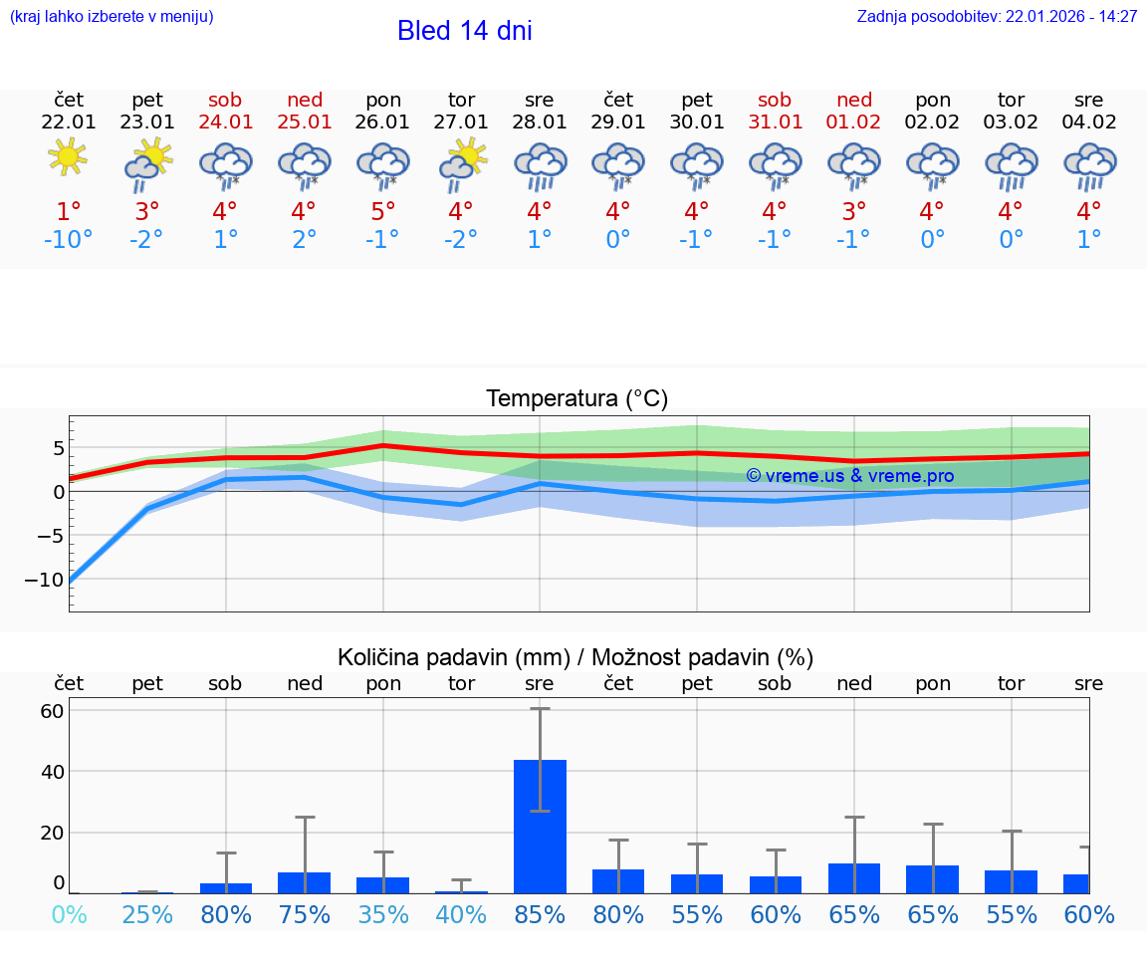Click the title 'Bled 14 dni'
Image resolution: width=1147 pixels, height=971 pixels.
(x=464, y=31)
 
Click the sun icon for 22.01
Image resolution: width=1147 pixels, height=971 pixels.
(x=68, y=156)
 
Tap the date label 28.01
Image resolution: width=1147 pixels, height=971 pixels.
(x=540, y=122)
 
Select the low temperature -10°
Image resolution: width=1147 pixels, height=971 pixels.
(x=68, y=240)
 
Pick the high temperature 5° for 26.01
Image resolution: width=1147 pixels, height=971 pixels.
(x=383, y=212)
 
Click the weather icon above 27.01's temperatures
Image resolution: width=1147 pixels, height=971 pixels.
(x=462, y=163)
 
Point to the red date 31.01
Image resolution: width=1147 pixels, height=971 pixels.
(x=775, y=122)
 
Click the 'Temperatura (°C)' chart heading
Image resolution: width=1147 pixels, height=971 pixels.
(x=576, y=399)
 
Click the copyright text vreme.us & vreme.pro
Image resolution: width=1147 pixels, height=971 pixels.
(x=849, y=476)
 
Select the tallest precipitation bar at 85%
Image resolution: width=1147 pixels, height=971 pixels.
(x=540, y=826)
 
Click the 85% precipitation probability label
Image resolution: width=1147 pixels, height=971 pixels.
(x=540, y=914)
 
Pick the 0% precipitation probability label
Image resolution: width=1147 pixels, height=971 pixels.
(x=68, y=914)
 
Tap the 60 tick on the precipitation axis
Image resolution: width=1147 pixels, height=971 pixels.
(x=52, y=711)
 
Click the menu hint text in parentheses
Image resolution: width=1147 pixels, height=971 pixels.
(x=112, y=17)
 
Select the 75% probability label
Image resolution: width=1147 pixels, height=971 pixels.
(x=305, y=914)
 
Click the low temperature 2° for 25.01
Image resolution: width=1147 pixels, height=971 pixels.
(x=305, y=240)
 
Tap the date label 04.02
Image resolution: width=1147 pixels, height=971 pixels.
(x=1089, y=122)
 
